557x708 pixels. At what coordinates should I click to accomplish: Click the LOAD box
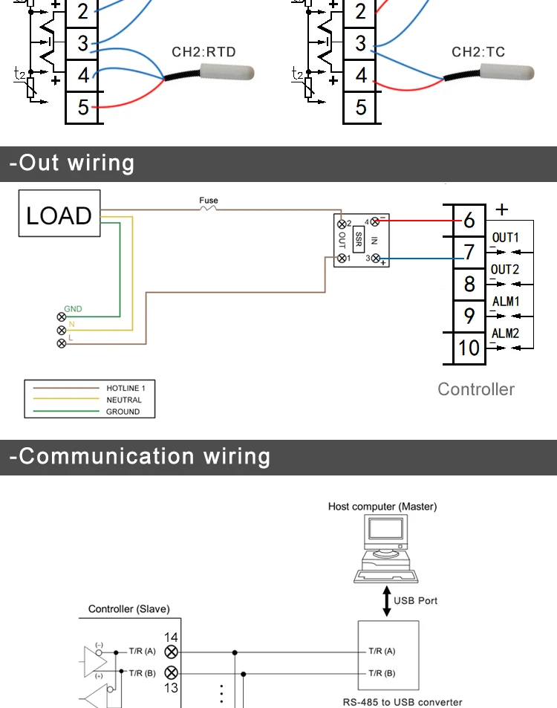coord(59,215)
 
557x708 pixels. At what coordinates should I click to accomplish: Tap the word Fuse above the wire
coord(209,201)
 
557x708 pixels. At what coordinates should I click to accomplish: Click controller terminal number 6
coord(469,221)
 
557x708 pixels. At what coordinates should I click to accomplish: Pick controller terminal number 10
coord(469,347)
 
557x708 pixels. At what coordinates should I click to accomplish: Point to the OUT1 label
coord(505,238)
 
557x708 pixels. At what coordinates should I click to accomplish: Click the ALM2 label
coord(505,334)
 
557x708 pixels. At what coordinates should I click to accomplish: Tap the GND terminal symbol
coord(61,316)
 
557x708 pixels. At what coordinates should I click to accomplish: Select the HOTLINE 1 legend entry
coord(124,388)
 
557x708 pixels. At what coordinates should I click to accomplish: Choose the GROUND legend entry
coord(123,412)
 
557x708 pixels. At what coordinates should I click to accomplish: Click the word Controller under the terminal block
coord(476,389)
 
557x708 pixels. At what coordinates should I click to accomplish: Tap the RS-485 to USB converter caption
coord(402,702)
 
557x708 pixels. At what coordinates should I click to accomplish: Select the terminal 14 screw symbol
coord(172,652)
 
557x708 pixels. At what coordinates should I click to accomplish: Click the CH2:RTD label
coord(203,52)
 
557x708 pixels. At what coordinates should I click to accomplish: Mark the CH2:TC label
coord(478,52)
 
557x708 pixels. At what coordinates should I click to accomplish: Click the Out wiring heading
coord(72,163)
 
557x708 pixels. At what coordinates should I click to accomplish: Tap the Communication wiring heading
coord(140,456)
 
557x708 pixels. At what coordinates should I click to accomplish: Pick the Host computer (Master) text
coord(382,507)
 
